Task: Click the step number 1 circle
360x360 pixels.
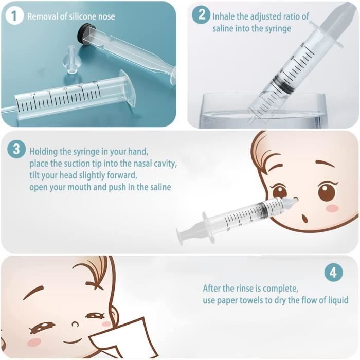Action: [x=14, y=16]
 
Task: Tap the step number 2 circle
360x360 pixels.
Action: [x=201, y=15]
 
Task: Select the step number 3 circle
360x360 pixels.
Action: [x=16, y=149]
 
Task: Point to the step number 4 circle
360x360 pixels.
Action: [x=333, y=273]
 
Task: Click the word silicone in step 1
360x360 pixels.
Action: [x=79, y=16]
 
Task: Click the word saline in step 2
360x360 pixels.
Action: [x=223, y=28]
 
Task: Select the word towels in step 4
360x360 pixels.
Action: [x=253, y=300]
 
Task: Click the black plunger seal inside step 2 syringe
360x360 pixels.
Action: [x=284, y=84]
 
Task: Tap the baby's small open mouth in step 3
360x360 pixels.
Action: [x=305, y=218]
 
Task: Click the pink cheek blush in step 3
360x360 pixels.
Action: [x=332, y=208]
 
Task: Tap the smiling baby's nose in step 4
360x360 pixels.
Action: [x=75, y=325]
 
